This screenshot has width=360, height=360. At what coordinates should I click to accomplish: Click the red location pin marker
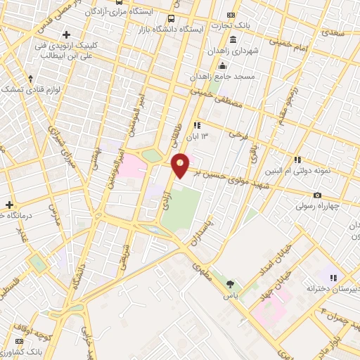point(181,165)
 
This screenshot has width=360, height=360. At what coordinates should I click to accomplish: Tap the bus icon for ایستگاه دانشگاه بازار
point(171,18)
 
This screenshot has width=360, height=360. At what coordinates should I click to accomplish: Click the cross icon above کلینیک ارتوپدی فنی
point(67,34)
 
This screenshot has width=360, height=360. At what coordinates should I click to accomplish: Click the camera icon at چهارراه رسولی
point(318,195)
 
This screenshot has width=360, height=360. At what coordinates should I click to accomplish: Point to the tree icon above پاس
point(230,284)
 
